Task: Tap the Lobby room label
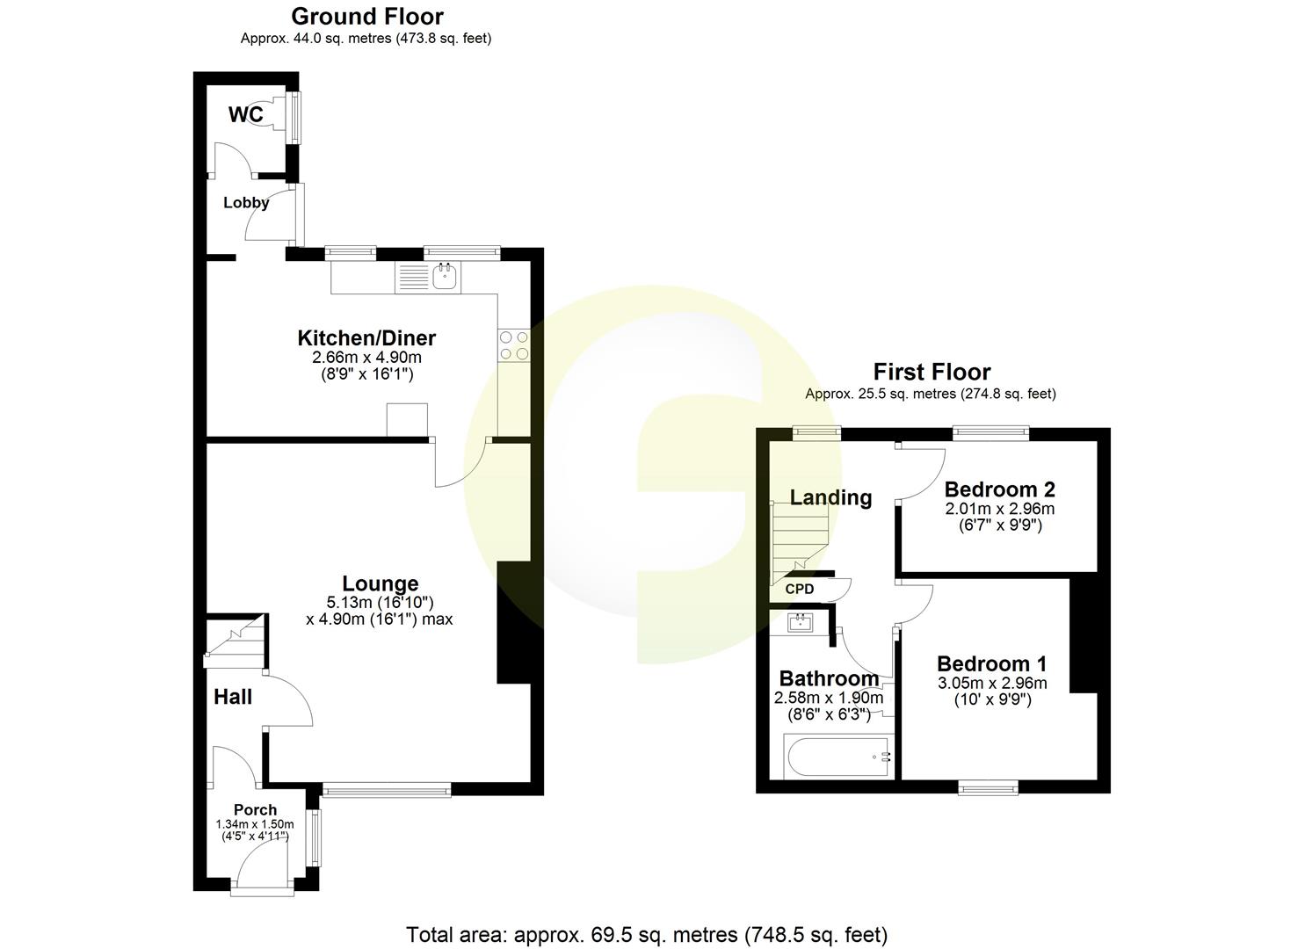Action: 246,203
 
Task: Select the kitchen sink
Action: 445,277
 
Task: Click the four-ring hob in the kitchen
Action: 514,344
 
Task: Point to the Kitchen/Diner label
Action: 366,338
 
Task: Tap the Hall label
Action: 233,697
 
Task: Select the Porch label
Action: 255,810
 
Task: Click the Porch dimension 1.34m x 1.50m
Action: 255,824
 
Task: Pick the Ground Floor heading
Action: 367,16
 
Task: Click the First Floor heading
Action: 932,372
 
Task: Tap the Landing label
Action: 830,497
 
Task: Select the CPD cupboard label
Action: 800,590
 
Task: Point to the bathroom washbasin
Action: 801,623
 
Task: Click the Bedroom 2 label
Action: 999,489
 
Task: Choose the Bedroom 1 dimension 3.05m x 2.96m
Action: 992,684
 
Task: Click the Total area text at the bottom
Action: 647,934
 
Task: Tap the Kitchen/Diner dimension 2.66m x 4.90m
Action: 366,358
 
